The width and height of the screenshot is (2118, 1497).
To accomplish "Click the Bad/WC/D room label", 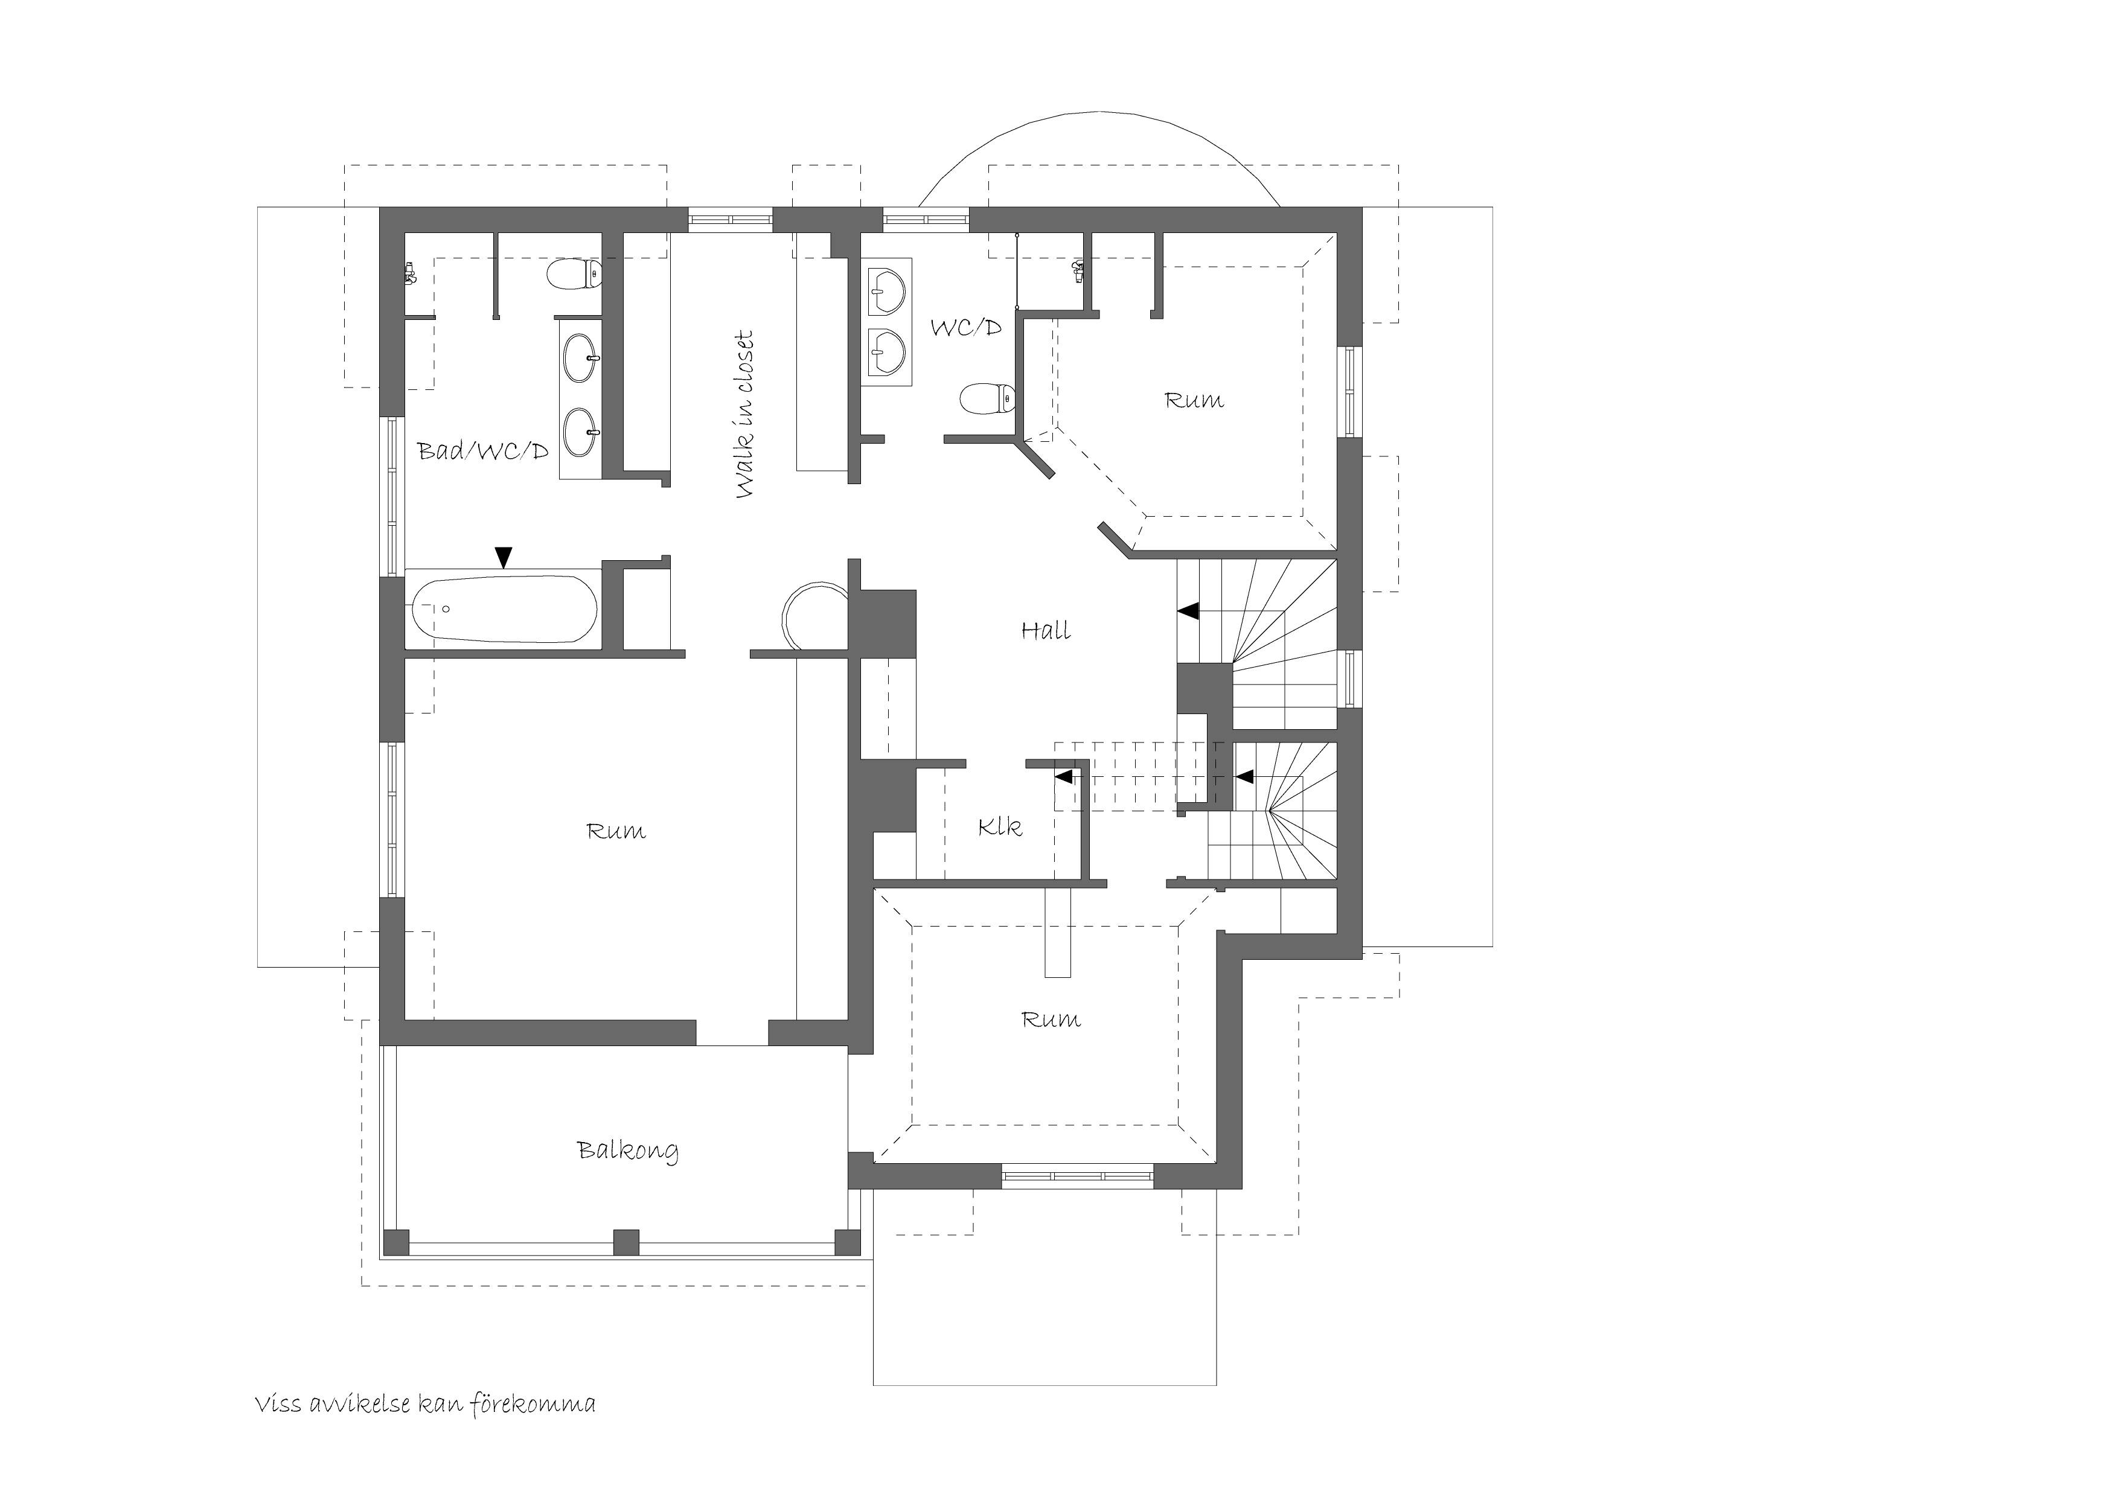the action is [x=484, y=451].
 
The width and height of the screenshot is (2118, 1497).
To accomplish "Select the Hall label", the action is [x=1046, y=631].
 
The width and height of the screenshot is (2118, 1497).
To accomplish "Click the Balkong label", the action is [x=628, y=1151].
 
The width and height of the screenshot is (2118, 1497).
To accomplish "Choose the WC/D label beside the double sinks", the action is [x=966, y=327].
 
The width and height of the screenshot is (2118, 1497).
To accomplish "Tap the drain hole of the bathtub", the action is [x=446, y=609].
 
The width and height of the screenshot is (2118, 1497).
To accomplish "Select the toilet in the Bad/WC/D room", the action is [x=574, y=275].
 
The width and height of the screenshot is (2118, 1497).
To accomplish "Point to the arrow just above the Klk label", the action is [x=1064, y=777].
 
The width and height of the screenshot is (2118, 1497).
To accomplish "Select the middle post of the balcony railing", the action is [x=626, y=1242].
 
